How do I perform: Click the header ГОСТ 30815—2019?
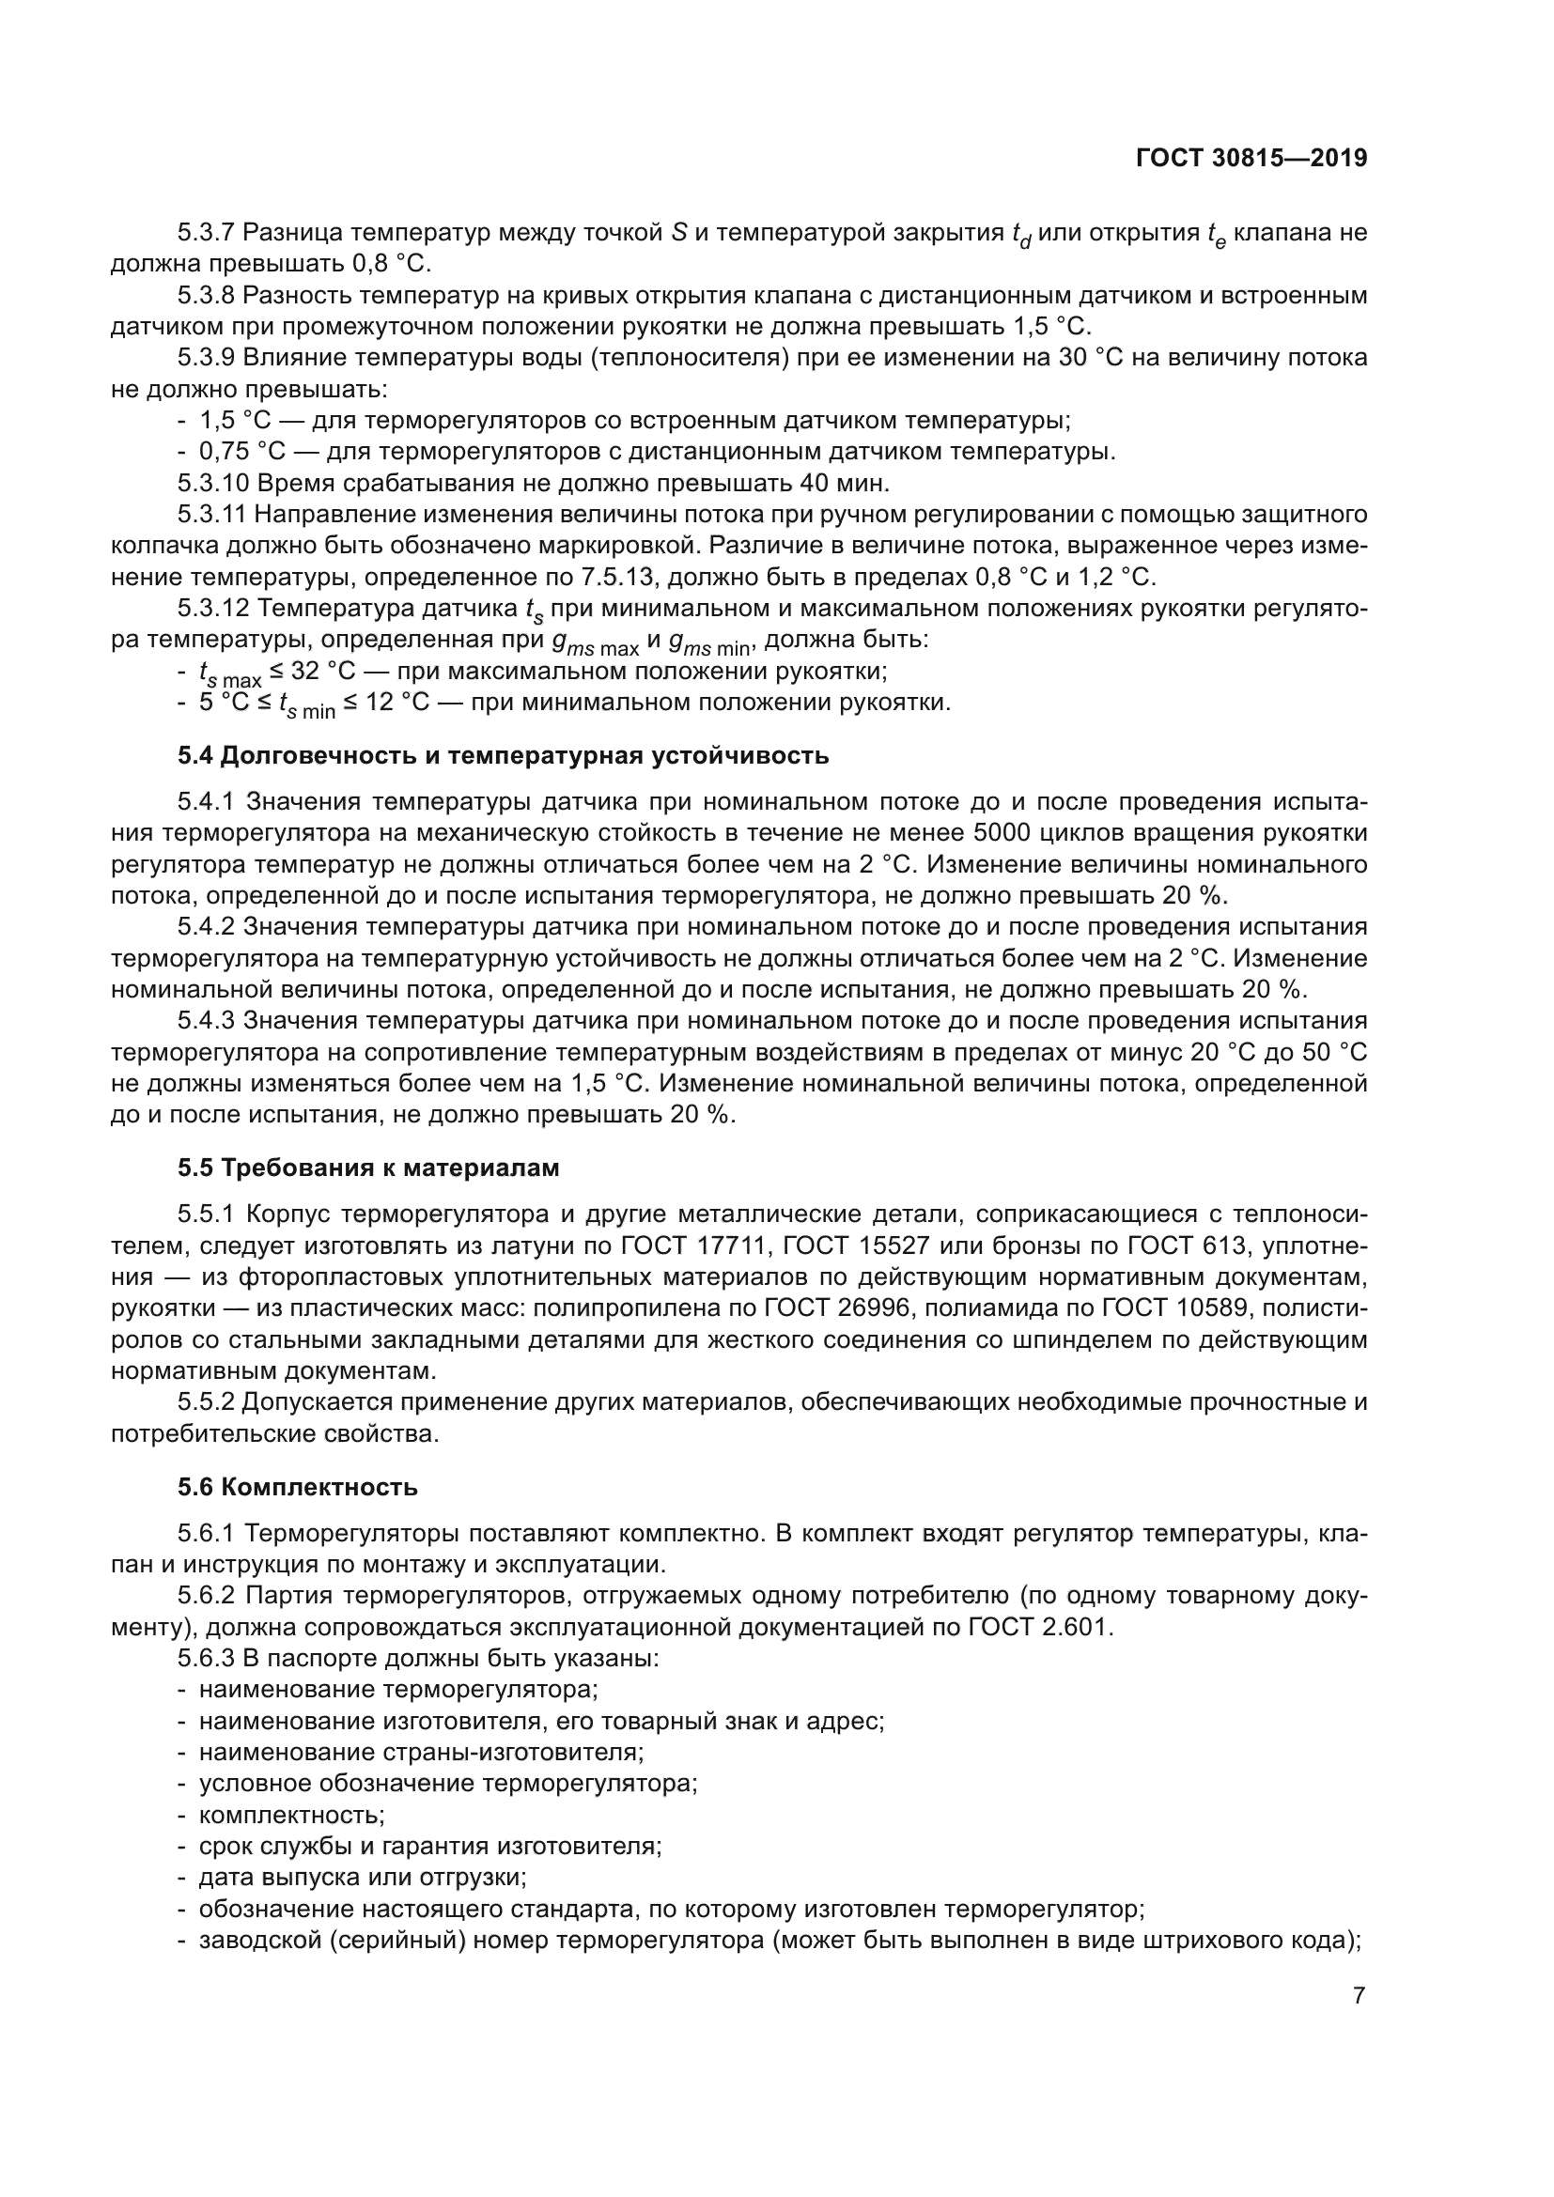pyautogui.click(x=1251, y=158)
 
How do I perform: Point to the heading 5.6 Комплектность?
pyautogui.click(x=298, y=1487)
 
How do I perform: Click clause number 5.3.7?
pyautogui.click(x=206, y=233)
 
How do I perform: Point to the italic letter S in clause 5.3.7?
pyautogui.click(x=679, y=233)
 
